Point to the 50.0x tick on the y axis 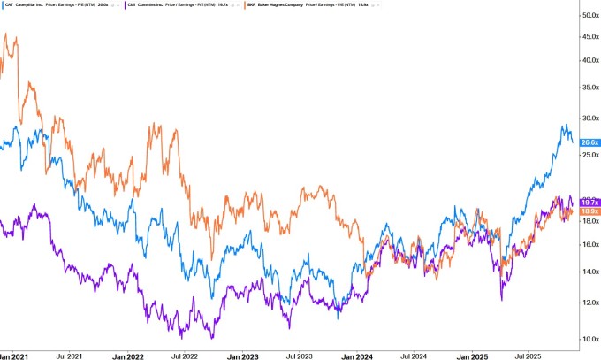(x=590, y=16)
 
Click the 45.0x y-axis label (x=590, y=36)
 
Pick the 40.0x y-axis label (x=590, y=60)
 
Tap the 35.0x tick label (x=590, y=88)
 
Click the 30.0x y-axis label (x=590, y=119)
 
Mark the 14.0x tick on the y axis (x=590, y=272)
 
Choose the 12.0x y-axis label (x=590, y=303)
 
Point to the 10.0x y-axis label (x=590, y=339)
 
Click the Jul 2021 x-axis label (x=69, y=356)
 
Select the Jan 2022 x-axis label (x=127, y=356)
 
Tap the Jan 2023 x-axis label (x=243, y=356)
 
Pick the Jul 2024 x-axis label (x=415, y=356)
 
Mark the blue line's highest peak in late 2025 (x=564, y=125)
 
